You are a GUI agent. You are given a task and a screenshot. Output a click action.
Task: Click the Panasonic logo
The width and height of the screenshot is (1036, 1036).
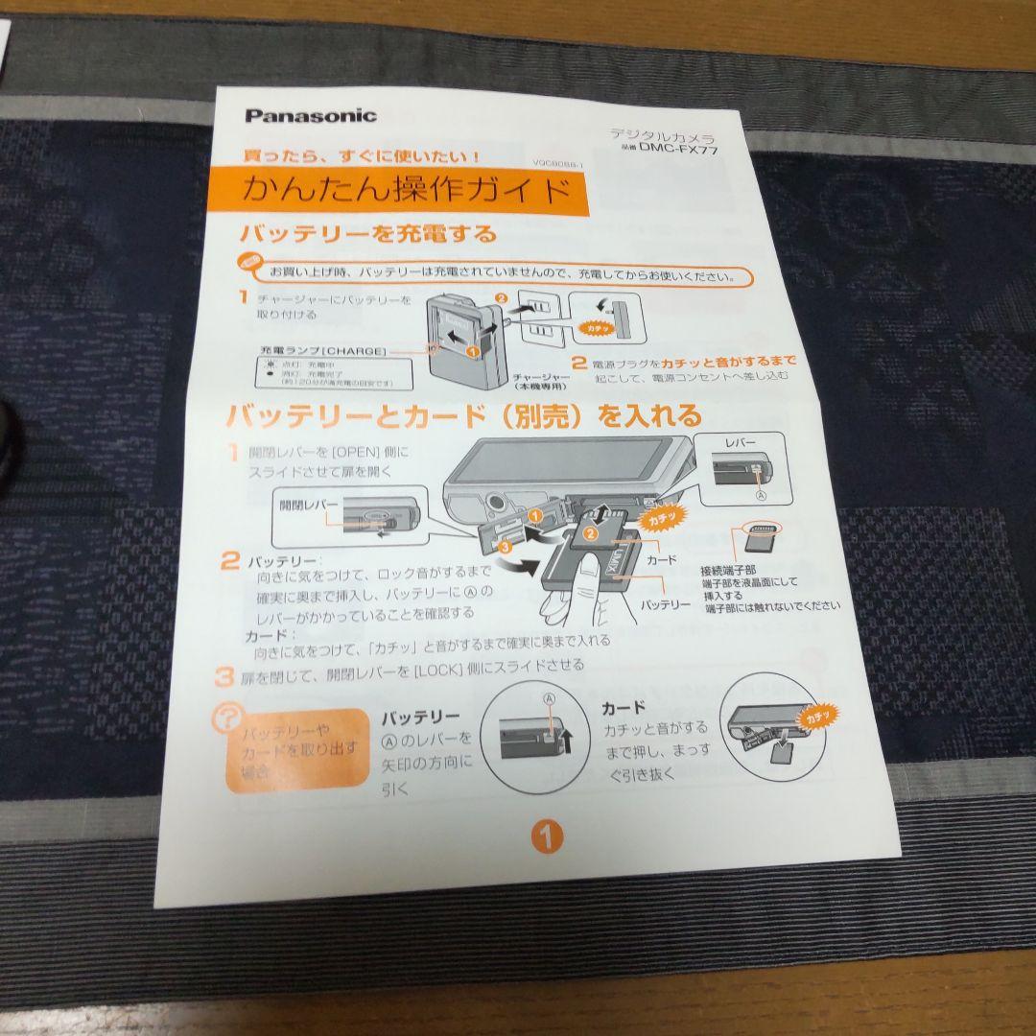pos(310,116)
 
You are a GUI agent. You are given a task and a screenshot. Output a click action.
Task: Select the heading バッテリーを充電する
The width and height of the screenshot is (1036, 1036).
pos(368,234)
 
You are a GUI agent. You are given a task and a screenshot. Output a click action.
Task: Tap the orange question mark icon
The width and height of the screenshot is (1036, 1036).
pos(228,715)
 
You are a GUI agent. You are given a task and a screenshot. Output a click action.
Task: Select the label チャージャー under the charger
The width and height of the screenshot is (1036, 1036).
pos(543,377)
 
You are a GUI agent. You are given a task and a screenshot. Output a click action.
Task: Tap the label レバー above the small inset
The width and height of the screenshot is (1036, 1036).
pos(742,442)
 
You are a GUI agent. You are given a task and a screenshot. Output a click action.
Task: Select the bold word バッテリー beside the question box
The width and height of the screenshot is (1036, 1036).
pos(420,717)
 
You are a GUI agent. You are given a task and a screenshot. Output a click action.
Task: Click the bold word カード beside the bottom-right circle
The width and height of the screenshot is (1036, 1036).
pos(624,708)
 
